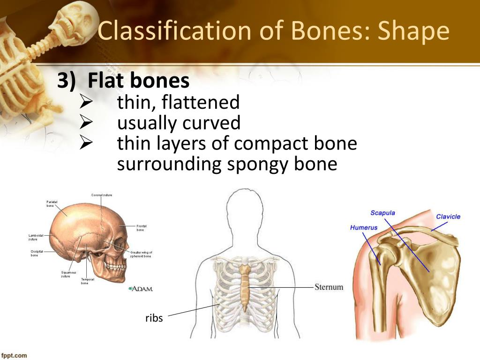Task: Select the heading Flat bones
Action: pos(138,81)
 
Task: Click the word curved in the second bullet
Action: pos(211,123)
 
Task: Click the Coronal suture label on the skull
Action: pos(101,195)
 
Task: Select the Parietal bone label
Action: pos(52,203)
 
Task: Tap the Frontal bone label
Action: pos(142,228)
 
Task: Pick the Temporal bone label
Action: pos(87,281)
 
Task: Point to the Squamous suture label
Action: pos(68,274)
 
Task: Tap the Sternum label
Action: pos(329,287)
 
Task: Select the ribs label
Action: pos(154,318)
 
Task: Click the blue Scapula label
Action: pos(382,213)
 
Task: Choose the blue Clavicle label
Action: pos(448,217)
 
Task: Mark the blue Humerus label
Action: pos(364,228)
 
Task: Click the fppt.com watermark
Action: pos(15,355)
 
